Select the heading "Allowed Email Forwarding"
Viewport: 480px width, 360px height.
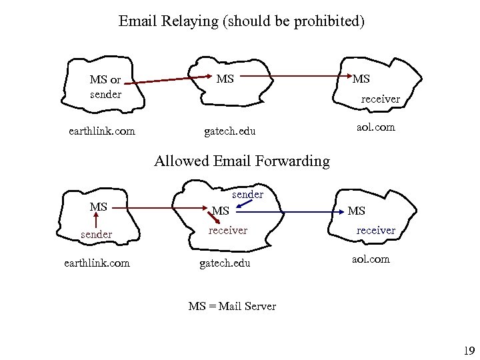242,161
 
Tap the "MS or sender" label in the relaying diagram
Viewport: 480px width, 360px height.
105,87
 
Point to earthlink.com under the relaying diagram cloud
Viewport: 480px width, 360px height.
102,131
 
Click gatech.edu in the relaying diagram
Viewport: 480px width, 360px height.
230,131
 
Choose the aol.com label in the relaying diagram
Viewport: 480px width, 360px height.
376,126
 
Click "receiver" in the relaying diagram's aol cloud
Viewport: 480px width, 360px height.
380,99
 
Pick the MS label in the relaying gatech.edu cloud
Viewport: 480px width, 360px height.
225,79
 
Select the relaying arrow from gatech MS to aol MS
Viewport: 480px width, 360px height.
293,77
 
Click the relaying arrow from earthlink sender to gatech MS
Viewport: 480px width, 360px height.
167,81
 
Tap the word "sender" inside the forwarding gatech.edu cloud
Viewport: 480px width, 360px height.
247,195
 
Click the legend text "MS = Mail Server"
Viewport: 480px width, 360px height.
232,307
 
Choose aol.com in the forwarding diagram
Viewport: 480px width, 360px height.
371,259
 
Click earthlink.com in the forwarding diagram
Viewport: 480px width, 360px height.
97,263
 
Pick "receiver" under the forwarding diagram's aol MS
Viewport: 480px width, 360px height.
375,230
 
